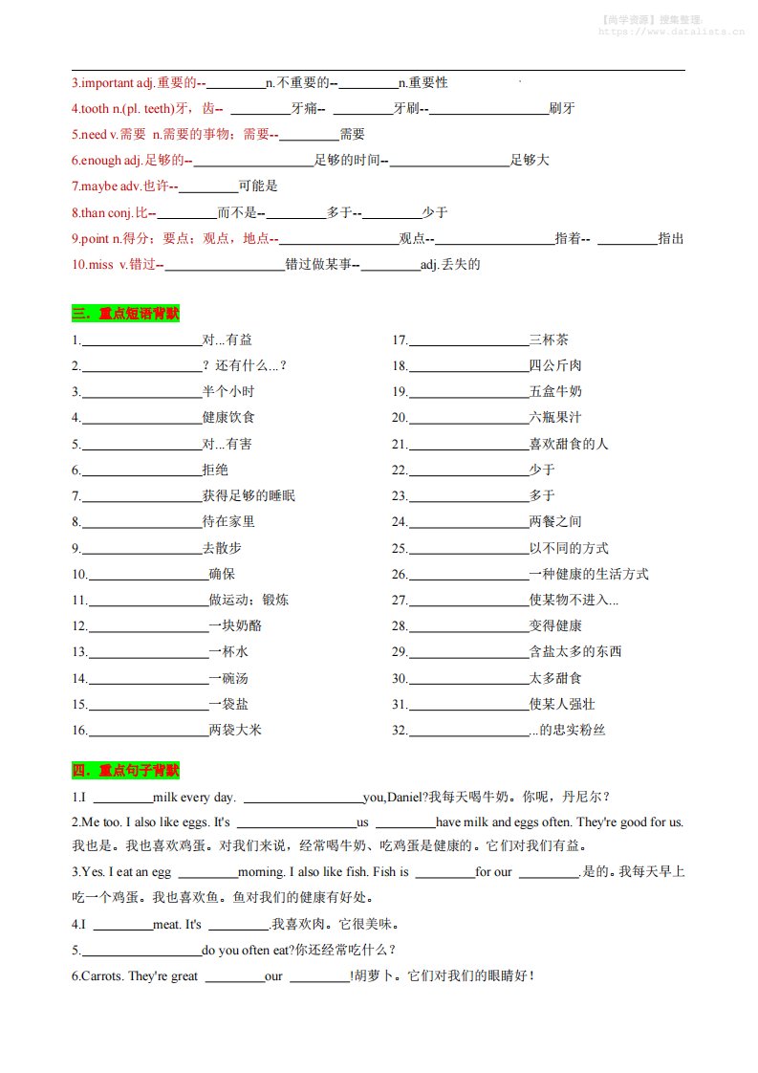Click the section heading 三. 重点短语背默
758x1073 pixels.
[x=125, y=313]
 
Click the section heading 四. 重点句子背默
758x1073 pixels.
[x=125, y=770]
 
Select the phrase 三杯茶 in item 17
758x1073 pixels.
[x=550, y=339]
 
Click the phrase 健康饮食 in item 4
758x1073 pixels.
[x=228, y=418]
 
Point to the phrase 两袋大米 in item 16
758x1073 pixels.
[x=235, y=731]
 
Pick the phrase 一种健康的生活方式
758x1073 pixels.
[x=589, y=574]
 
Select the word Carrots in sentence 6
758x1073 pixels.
[x=100, y=976]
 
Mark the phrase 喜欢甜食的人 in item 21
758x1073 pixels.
[x=569, y=444]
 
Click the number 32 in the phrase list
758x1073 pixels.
[x=399, y=731]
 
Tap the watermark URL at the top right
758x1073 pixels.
[x=671, y=31]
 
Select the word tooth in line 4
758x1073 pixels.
[x=95, y=108]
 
